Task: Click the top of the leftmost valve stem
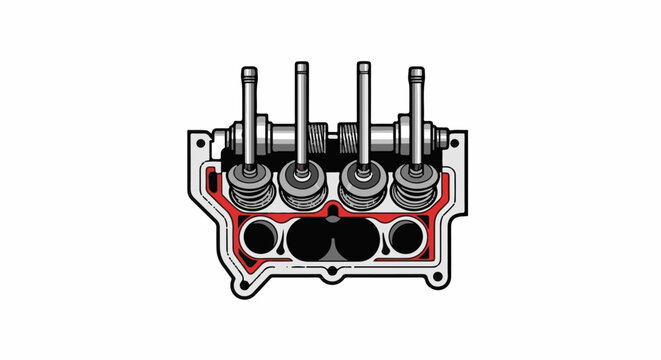(x=248, y=73)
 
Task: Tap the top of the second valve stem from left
(x=300, y=67)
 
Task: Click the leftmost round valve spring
(x=244, y=182)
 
